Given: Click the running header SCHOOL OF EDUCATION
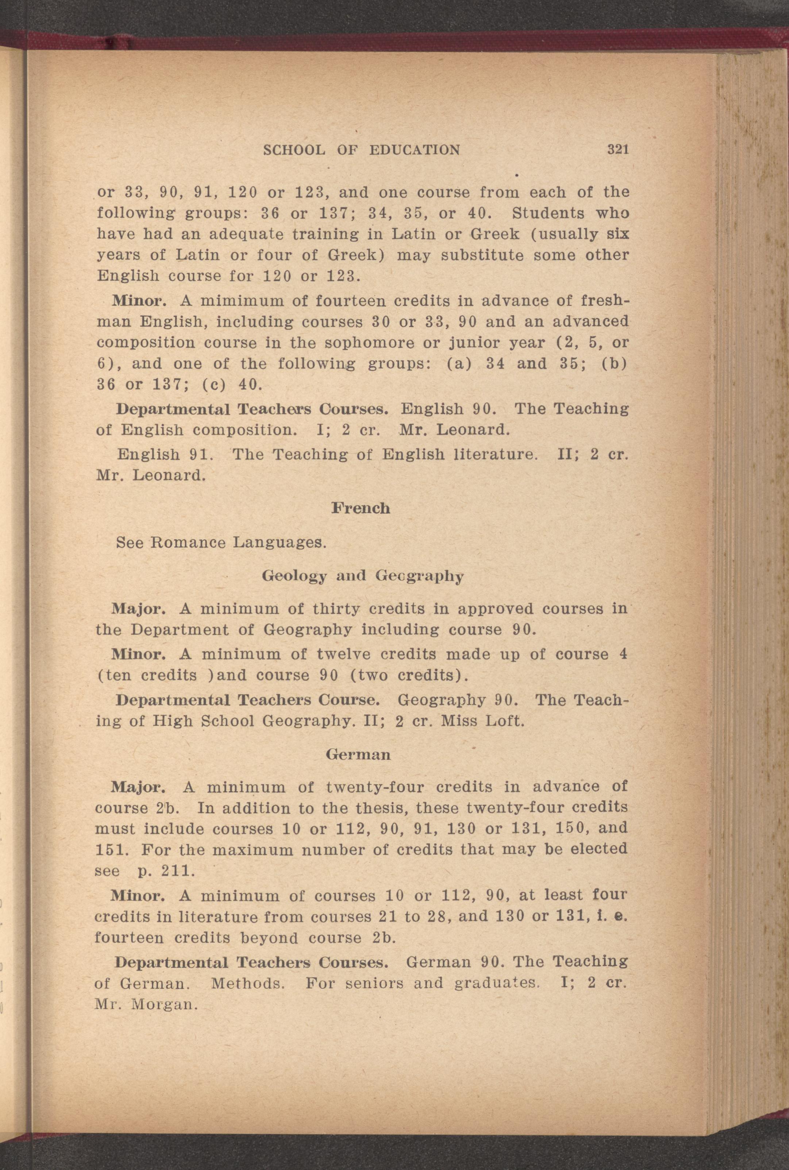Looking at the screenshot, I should pos(362,150).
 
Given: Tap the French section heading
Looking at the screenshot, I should pos(360,508).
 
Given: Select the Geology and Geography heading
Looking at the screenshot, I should pos(362,576).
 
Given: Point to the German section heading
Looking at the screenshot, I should pos(358,754).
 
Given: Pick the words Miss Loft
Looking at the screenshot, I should pos(482,721).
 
